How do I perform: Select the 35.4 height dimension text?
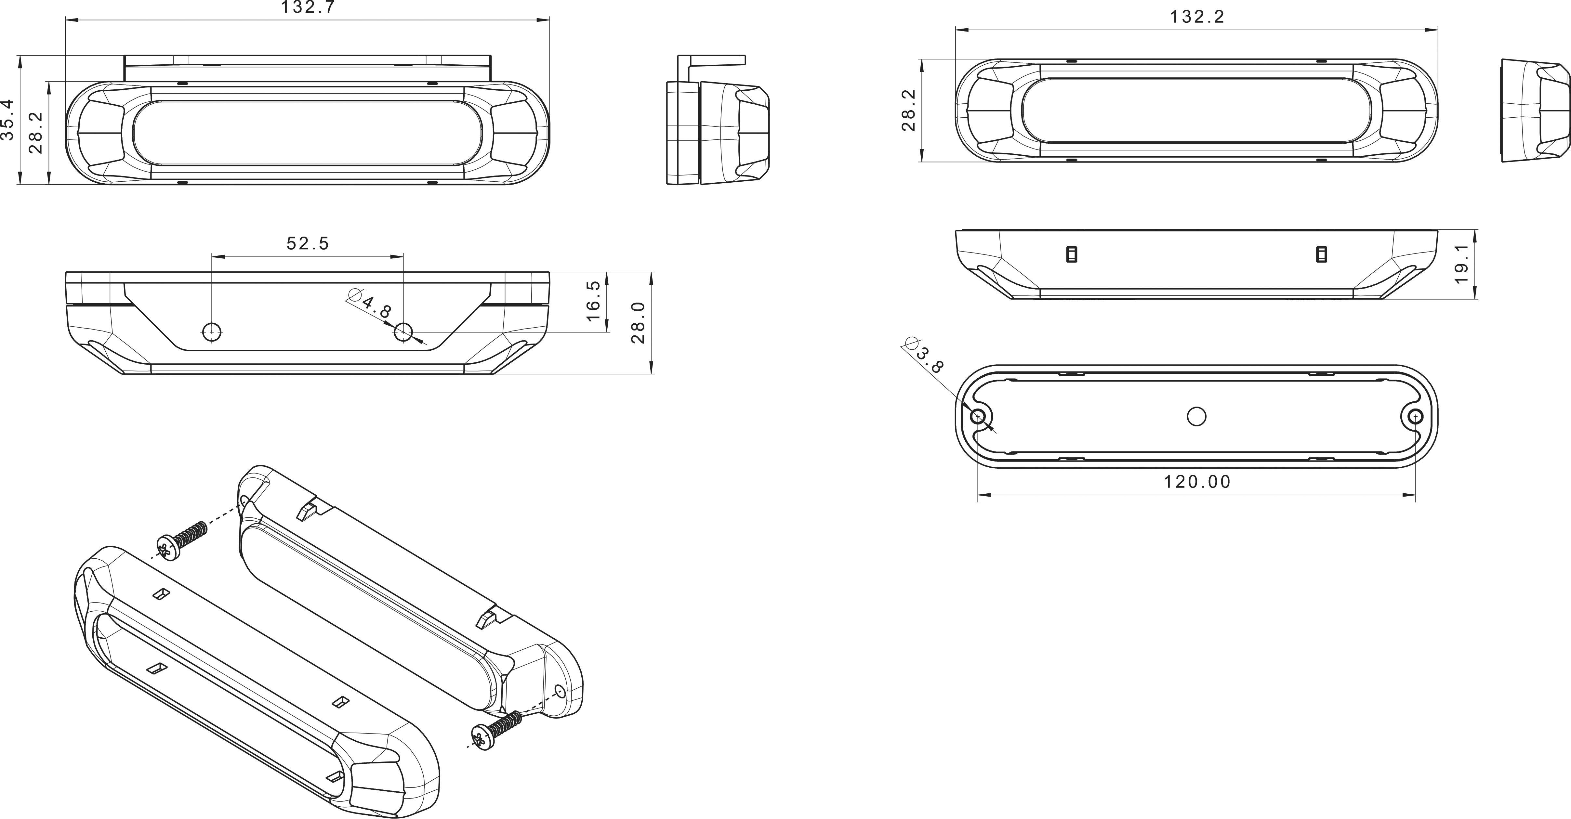(x=7, y=120)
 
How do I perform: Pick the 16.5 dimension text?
(x=593, y=301)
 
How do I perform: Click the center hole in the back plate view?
(x=1196, y=417)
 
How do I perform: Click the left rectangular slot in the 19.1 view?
(x=1071, y=254)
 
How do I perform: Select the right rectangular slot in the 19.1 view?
(x=1322, y=254)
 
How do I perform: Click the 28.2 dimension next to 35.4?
(x=35, y=132)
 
